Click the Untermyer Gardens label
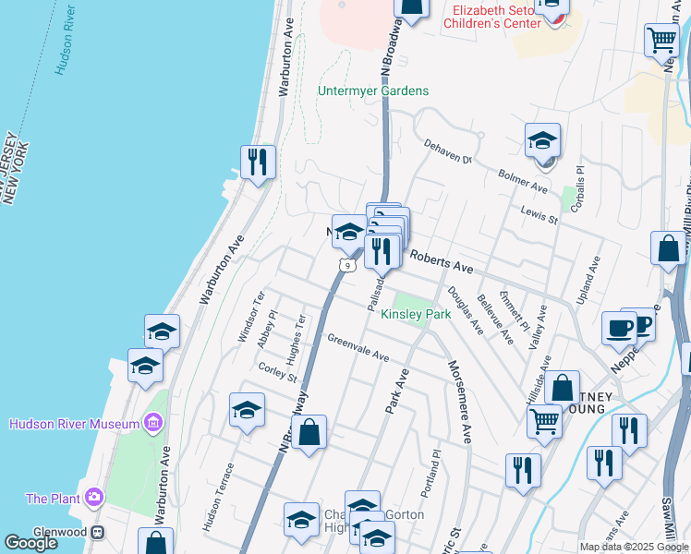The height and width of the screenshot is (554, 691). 373,90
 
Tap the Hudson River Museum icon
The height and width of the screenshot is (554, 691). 153,424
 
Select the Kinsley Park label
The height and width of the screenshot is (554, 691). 416,314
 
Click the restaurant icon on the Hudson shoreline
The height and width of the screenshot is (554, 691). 258,162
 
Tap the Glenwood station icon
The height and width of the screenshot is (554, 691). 96,533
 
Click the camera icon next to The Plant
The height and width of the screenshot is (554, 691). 93,499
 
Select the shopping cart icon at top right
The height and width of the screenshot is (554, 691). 662,40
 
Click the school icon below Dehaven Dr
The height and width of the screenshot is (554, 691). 543,141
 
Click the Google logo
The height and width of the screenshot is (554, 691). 30,543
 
